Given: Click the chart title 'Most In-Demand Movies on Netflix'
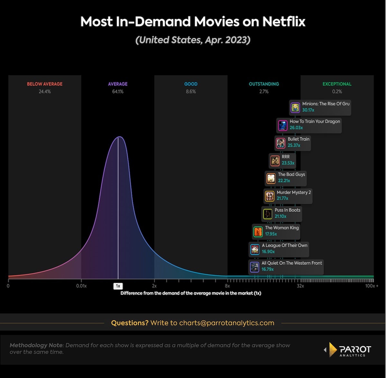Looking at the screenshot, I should click(193, 22).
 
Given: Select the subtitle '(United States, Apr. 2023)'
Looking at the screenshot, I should click(193, 40).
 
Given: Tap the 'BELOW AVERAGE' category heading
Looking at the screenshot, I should click(45, 84).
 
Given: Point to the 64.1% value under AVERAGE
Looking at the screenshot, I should click(118, 92).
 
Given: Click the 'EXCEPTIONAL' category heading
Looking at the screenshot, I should click(337, 84).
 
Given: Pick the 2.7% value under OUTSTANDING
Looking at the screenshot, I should click(264, 92).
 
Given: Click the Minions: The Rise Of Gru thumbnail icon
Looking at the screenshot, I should click(295, 108).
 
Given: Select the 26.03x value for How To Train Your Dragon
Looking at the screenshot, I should click(296, 128).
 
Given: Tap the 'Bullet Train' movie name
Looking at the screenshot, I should click(299, 139).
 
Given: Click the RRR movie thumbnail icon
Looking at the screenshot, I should click(275, 161).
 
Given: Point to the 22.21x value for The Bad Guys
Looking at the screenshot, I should click(284, 181).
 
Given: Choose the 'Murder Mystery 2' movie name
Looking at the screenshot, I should click(294, 192).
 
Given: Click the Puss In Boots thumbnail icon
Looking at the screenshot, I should click(268, 214).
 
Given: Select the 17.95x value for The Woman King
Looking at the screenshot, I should click(271, 234).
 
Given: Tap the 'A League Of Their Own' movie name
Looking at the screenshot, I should click(285, 245).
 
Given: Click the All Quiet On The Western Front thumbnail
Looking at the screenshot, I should click(254, 267).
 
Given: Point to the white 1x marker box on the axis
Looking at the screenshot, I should click(118, 286).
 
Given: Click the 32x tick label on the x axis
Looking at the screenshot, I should click(300, 286).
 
